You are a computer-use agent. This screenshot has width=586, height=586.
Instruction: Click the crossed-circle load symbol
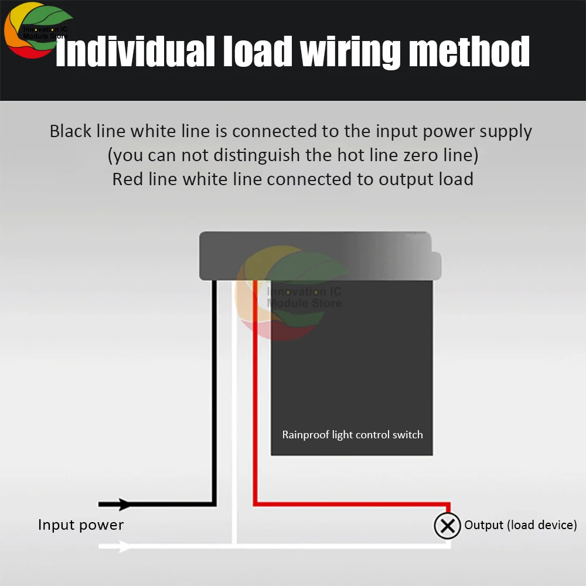point(447,526)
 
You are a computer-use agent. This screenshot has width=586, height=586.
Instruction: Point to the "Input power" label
point(81,524)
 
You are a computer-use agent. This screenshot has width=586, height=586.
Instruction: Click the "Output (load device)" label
point(520,525)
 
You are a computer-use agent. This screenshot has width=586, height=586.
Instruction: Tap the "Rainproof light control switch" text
point(352,435)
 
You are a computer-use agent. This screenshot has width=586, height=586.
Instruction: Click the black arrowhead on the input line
point(124,504)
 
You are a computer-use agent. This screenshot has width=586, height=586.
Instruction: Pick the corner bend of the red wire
point(255,503)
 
